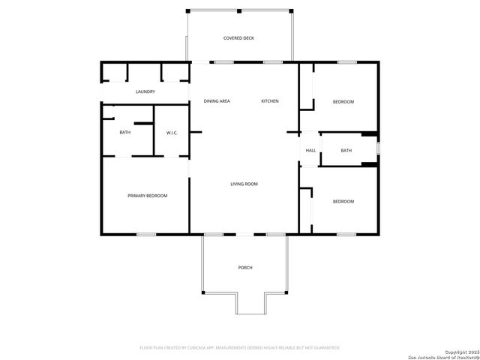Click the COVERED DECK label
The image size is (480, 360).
click(x=238, y=37)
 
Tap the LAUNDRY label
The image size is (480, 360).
click(x=145, y=91)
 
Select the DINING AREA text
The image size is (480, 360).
click(x=217, y=101)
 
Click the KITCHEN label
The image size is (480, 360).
click(x=270, y=101)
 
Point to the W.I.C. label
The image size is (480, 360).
click(x=172, y=133)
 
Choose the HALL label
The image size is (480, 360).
click(x=310, y=151)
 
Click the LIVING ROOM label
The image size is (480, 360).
click(x=244, y=184)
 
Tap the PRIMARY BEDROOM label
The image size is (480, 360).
click(x=147, y=196)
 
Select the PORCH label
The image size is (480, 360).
click(x=244, y=268)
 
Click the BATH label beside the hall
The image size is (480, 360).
click(x=346, y=151)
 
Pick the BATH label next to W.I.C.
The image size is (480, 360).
click(x=124, y=133)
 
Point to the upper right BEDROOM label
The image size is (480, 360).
click(x=343, y=101)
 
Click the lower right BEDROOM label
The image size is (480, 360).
click(x=343, y=201)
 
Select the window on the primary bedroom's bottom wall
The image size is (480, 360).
click(x=146, y=235)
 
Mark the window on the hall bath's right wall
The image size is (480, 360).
click(x=378, y=148)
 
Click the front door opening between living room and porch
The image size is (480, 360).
click(x=245, y=235)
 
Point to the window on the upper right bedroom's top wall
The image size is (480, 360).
click(x=346, y=62)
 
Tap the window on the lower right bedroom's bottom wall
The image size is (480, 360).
click(x=346, y=235)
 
